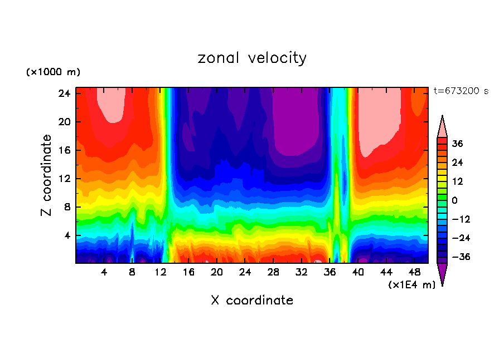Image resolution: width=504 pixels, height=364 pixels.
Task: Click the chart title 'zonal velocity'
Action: click(x=252, y=58)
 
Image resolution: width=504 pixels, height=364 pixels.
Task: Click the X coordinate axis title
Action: click(x=252, y=301)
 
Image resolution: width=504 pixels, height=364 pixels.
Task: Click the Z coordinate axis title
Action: click(x=47, y=175)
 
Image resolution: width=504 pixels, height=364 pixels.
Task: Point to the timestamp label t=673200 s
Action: click(x=461, y=91)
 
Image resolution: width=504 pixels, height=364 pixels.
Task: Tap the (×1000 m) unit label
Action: click(x=53, y=72)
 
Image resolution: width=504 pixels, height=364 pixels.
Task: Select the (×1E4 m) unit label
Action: click(x=411, y=285)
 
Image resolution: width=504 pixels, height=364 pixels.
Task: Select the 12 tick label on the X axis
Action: click(x=161, y=272)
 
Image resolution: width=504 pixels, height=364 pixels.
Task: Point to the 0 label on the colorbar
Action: click(x=454, y=200)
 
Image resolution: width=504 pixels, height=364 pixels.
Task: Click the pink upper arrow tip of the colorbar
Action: click(x=442, y=126)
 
